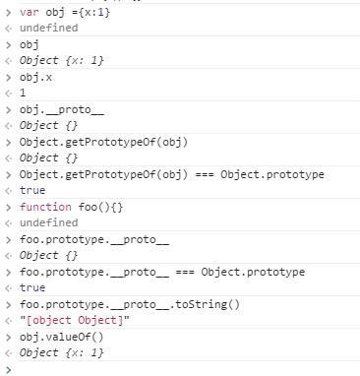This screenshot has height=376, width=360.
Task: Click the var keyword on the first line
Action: (x=29, y=11)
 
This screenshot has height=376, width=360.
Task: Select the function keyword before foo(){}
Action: (x=43, y=207)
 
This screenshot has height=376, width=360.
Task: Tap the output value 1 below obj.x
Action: (x=23, y=94)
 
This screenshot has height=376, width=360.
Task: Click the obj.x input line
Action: (x=33, y=77)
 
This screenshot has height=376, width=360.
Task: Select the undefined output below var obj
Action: (x=48, y=28)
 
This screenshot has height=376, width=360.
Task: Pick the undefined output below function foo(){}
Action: (x=48, y=222)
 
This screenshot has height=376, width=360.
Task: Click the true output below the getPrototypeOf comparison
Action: (x=32, y=190)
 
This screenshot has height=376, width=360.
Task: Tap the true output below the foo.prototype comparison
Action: (x=32, y=287)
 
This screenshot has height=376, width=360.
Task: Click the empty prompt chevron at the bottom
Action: (x=9, y=368)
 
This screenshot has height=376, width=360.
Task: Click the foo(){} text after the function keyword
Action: (x=91, y=207)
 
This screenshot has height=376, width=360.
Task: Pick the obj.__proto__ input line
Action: (x=53, y=109)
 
